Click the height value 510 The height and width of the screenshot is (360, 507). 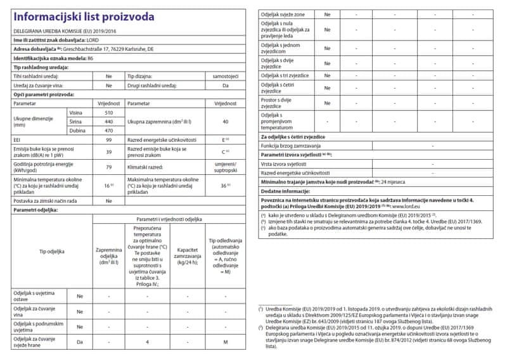coord(109,112)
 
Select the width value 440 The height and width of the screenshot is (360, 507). coord(109,121)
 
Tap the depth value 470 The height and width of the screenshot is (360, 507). coord(109,130)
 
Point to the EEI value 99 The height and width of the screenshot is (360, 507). coord(109,139)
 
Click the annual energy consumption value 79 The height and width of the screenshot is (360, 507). coord(109,167)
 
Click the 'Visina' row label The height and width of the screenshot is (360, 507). coord(75,112)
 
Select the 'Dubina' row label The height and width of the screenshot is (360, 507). coord(77,130)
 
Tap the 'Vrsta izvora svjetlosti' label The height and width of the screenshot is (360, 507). coord(288,164)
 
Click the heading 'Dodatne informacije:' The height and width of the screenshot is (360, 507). coord(285,190)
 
